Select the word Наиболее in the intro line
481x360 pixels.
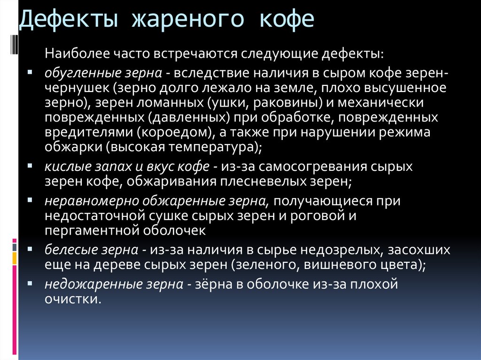point(77,54)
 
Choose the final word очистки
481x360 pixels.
point(73,299)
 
